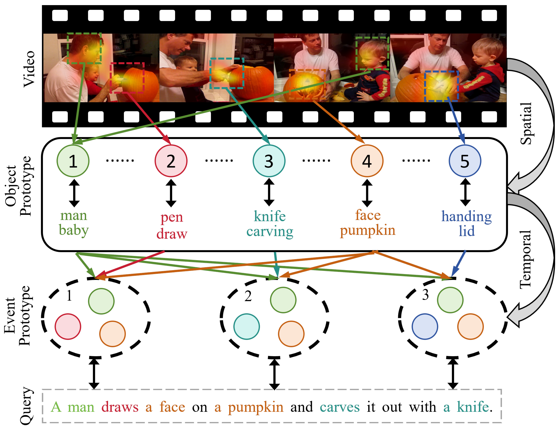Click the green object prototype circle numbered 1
(x=73, y=161)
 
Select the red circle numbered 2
(x=171, y=161)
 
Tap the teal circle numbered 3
(x=269, y=161)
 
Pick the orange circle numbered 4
(x=367, y=161)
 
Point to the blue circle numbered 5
(x=465, y=161)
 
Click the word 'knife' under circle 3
(x=269, y=216)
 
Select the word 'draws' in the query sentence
(x=120, y=407)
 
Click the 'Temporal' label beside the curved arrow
(x=525, y=260)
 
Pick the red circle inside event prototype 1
(x=68, y=327)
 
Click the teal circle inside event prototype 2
(x=247, y=327)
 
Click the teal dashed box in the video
(x=227, y=73)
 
